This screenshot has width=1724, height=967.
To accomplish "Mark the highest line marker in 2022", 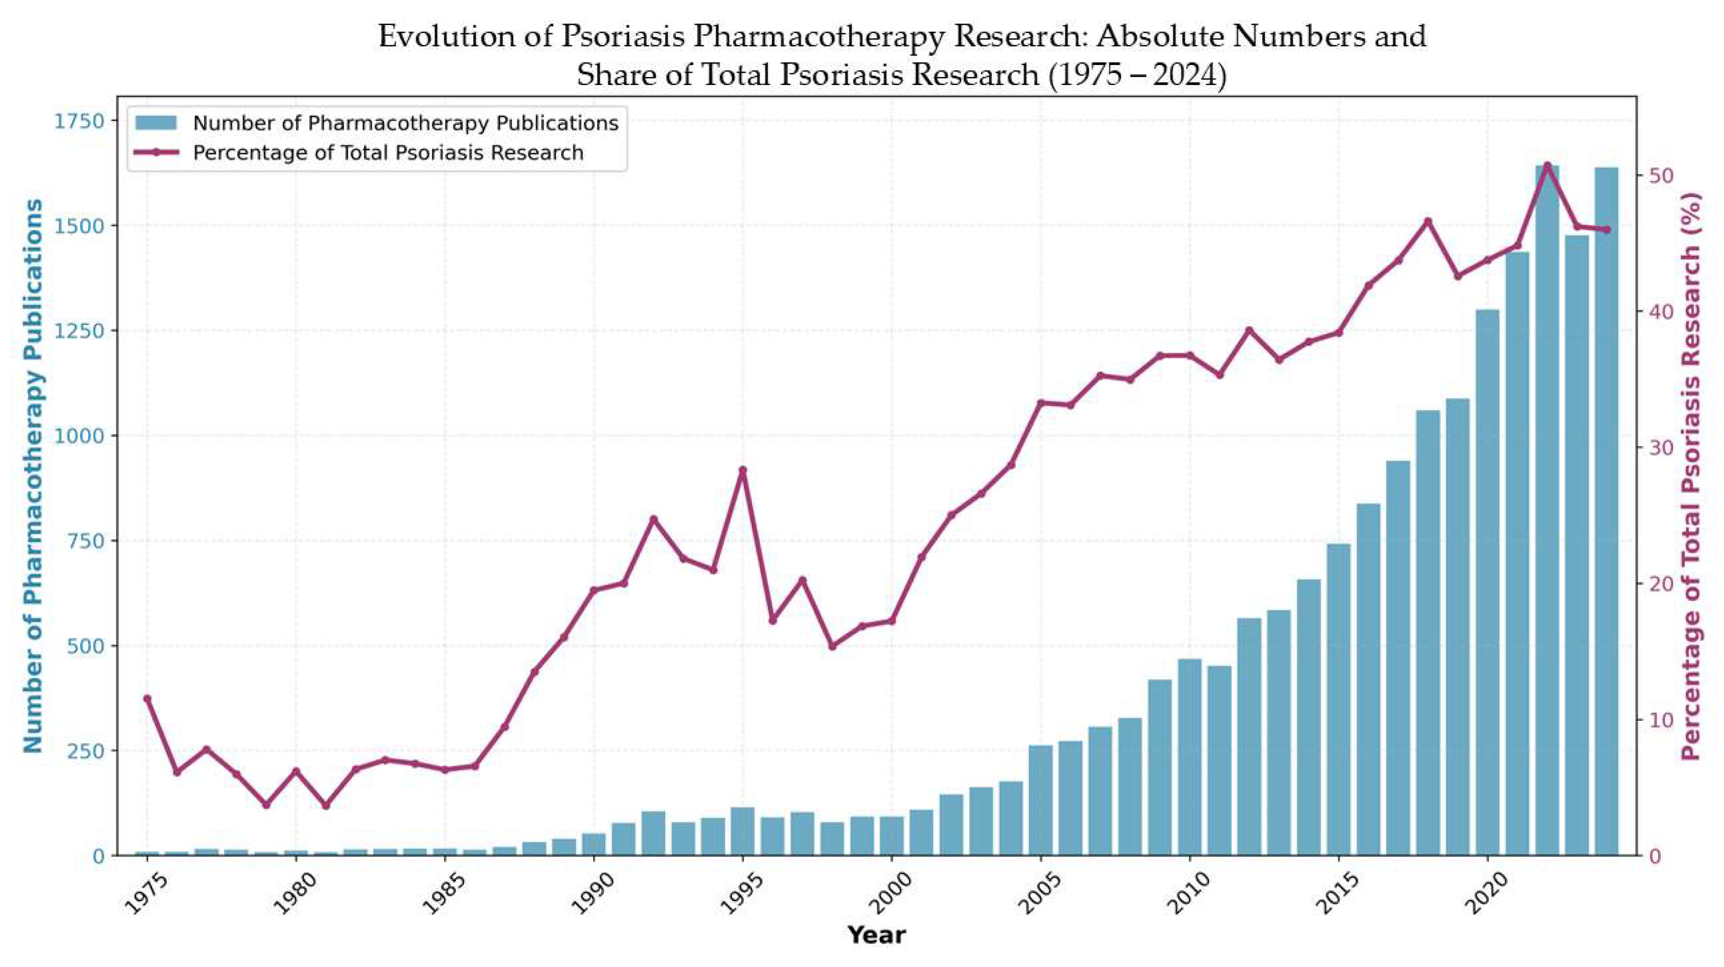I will pos(1547,165).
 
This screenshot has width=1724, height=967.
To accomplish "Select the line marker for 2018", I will pos(1428,221).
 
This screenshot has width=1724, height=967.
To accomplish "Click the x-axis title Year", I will pos(876,935).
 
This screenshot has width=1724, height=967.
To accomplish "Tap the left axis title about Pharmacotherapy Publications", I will pos(34,475).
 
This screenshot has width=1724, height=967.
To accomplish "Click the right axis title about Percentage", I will pos(1692,475).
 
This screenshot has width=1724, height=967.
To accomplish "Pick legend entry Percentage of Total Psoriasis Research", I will pos(388,153).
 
